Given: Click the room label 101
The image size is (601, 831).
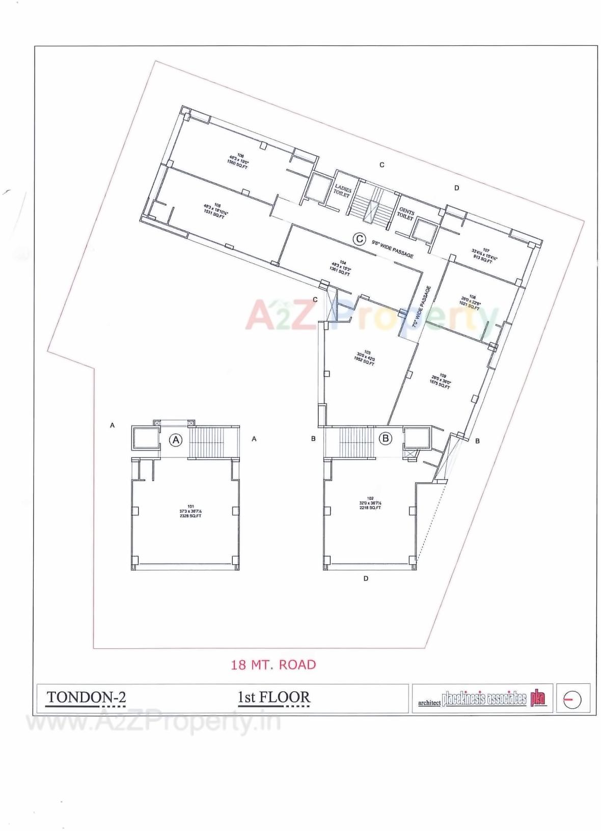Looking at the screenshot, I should pos(190,507).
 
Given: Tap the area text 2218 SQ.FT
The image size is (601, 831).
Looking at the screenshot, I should pos(370,508).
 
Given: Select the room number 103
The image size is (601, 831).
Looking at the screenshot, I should pos(367,352).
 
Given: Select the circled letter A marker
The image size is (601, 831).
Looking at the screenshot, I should pos(176,440).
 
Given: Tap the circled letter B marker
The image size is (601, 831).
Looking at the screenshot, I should pos(386,438).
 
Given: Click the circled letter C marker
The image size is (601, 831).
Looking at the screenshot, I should pos(360,239).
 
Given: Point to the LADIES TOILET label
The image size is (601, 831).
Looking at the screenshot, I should pos(342,191).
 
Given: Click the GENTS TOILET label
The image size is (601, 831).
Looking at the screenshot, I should pos(406,213).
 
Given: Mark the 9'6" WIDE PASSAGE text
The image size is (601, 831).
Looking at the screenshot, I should pos(392,248).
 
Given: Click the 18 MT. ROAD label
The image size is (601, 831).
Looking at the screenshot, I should pos(274,664).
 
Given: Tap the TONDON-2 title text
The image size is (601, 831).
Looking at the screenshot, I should pos(86,697).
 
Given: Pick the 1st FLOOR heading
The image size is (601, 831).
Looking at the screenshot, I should pos(274,697).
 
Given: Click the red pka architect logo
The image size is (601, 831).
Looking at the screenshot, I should pos(538,698).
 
